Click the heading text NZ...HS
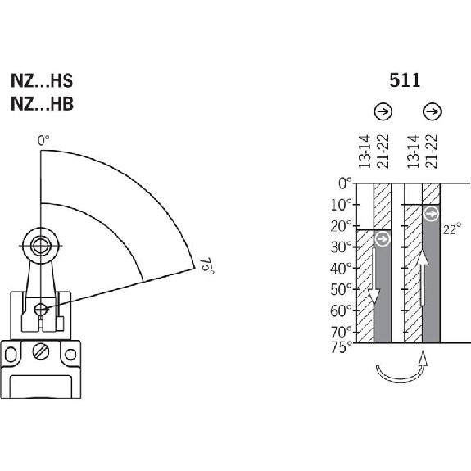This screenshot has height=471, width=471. (x=42, y=81)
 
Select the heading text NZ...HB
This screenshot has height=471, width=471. (x=42, y=104)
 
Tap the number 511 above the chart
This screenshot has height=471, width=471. (x=405, y=80)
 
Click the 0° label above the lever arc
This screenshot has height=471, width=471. (x=43, y=141)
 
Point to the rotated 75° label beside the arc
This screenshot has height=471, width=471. (x=207, y=265)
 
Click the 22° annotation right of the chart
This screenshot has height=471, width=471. (x=452, y=230)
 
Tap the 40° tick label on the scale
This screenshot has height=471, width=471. (x=341, y=268)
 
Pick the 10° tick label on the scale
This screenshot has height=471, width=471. (x=341, y=205)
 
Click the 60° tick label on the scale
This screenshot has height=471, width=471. (x=341, y=311)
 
